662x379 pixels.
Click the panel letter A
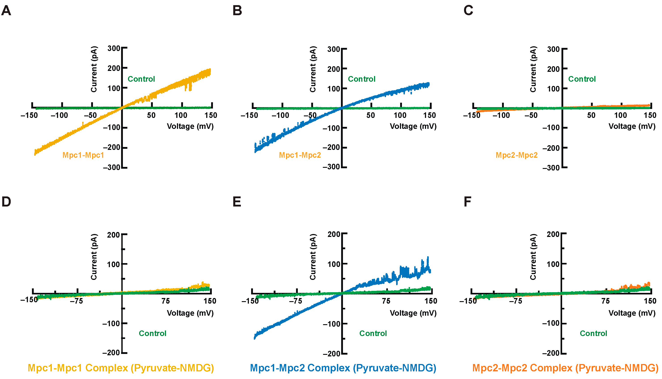click(x=6, y=11)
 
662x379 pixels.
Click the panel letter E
click(x=237, y=202)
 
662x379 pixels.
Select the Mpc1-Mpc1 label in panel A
click(x=83, y=155)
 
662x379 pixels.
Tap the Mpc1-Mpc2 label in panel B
click(x=300, y=155)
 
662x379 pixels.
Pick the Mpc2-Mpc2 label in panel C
click(x=517, y=155)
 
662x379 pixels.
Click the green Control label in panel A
click(x=141, y=79)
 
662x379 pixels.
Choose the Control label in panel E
click(x=373, y=333)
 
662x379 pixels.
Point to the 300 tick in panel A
click(x=114, y=48)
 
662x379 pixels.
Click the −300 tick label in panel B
click(x=331, y=167)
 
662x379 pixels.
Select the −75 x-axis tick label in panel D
click(x=76, y=301)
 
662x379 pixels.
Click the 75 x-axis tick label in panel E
click(x=386, y=301)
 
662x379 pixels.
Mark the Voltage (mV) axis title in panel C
click(x=632, y=126)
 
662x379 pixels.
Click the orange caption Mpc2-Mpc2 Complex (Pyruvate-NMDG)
click(x=565, y=368)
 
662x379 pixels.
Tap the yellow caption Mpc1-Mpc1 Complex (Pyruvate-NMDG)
click(x=121, y=368)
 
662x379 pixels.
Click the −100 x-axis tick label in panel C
click(x=501, y=115)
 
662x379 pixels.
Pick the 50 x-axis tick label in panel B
click(x=370, y=115)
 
